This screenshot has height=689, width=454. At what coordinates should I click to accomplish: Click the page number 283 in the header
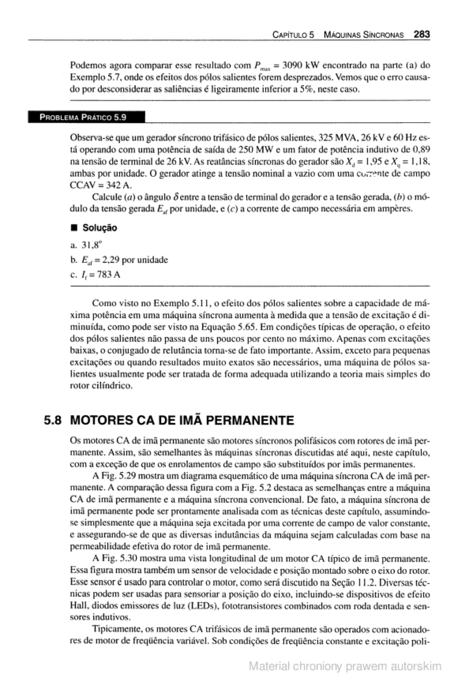pyautogui.click(x=422, y=35)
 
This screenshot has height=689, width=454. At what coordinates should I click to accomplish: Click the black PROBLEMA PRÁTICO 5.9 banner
pyautogui.click(x=86, y=117)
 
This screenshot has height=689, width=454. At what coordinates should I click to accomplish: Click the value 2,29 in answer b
pyautogui.click(x=109, y=260)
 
